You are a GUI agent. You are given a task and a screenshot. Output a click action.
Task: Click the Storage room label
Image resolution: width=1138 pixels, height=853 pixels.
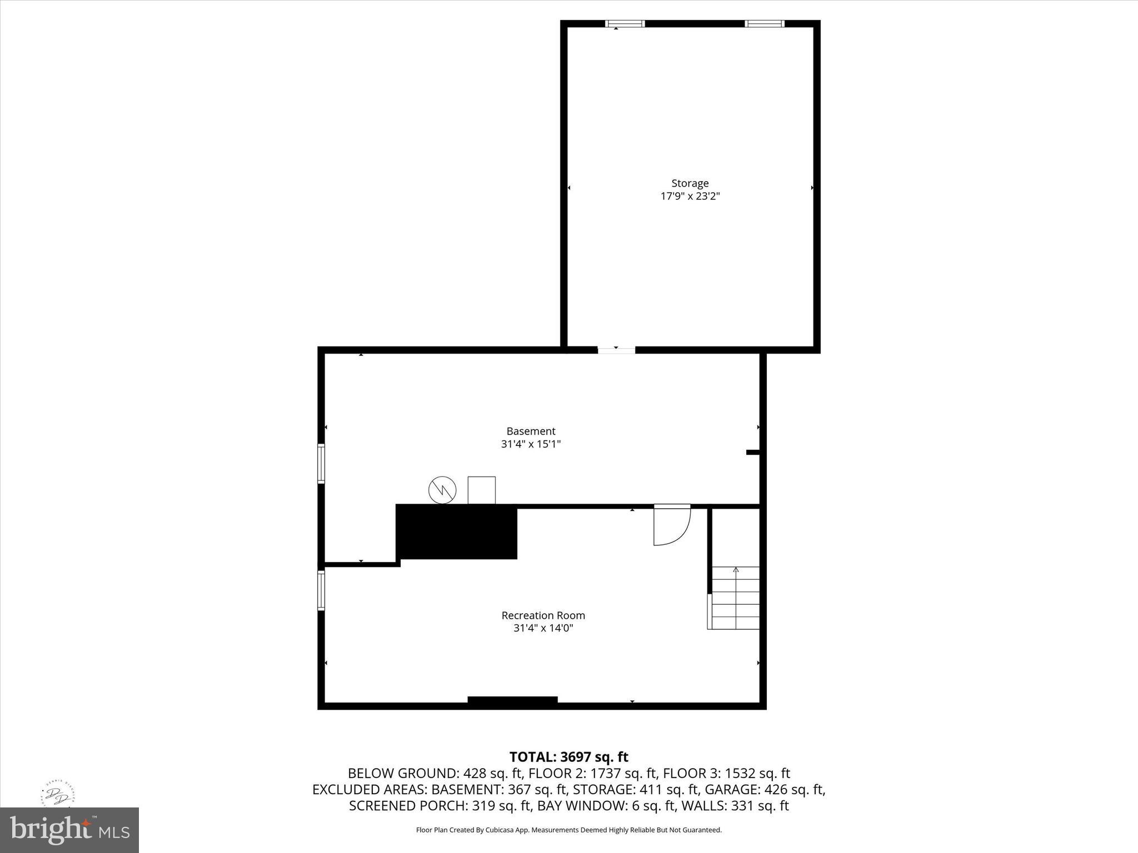[x=690, y=183]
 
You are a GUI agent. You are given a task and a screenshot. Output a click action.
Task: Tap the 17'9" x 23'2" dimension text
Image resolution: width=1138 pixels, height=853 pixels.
[x=690, y=196]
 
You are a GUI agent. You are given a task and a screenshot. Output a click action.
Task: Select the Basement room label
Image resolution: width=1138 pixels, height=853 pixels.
[x=531, y=431]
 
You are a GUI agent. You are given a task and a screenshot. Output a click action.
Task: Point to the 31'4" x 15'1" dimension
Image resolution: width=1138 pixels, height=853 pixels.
[x=531, y=444]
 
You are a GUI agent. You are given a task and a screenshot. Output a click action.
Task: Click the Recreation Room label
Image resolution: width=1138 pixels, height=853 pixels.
[x=543, y=615]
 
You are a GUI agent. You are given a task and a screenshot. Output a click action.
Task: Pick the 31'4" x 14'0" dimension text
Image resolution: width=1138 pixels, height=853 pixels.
[x=543, y=628]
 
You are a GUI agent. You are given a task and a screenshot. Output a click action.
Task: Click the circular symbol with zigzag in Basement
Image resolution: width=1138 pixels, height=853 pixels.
[x=442, y=490]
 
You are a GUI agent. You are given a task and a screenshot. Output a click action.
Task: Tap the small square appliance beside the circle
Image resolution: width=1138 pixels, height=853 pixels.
[x=481, y=490]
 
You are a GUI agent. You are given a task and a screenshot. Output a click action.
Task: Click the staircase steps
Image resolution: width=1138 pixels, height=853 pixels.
[x=735, y=598]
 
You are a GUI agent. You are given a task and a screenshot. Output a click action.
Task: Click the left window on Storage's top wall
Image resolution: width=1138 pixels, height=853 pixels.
[x=625, y=24]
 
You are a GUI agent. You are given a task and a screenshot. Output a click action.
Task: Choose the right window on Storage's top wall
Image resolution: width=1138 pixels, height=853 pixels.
[x=765, y=24]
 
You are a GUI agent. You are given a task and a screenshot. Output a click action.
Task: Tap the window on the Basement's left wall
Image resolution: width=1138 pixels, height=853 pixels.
[x=321, y=463]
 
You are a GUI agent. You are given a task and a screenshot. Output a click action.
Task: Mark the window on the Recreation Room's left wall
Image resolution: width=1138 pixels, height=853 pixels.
[x=321, y=590]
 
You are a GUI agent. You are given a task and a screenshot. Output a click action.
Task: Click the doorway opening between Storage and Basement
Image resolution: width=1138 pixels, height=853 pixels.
[x=616, y=350]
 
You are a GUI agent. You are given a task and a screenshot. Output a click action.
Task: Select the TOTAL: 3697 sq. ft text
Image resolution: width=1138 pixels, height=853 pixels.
[x=568, y=757]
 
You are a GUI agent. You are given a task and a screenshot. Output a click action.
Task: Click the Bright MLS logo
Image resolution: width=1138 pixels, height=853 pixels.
[x=69, y=830]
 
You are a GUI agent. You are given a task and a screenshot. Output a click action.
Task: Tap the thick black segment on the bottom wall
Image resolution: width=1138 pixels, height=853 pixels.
[x=512, y=701]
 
